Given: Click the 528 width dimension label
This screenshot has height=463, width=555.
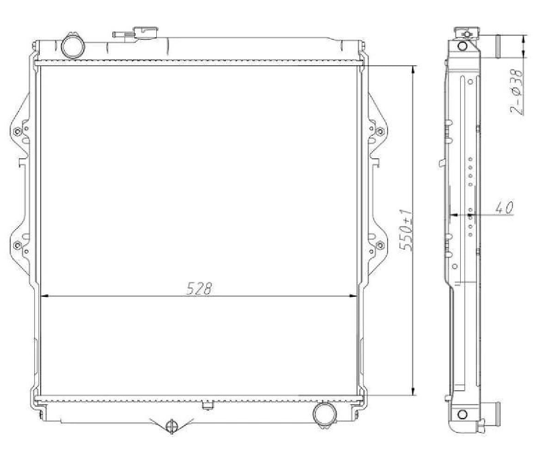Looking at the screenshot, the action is [x=199, y=288].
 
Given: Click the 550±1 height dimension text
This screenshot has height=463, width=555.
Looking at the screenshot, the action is [x=406, y=230].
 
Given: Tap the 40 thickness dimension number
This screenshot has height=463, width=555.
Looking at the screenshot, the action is [x=504, y=207].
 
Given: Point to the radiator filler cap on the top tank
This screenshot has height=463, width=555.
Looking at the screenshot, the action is [x=146, y=32].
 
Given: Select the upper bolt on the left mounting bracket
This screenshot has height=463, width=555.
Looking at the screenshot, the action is [x=18, y=131].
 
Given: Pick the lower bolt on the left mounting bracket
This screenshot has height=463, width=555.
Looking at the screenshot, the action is [x=18, y=245].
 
